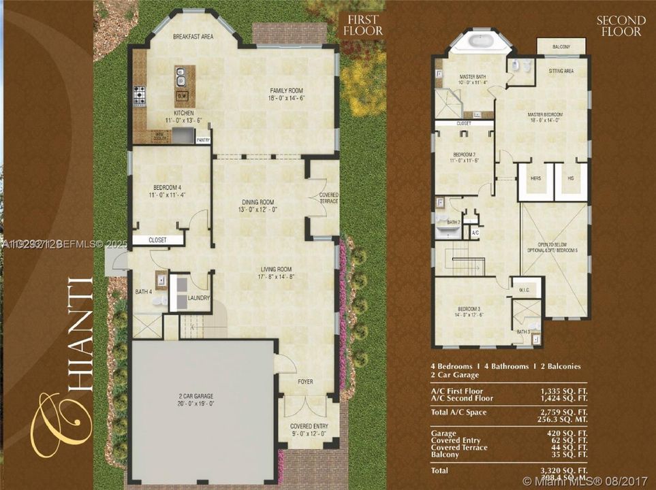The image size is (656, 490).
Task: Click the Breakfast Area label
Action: tap(193, 37)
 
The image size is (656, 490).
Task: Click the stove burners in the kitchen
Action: tap(140, 96)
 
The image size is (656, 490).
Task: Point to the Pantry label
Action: tap(203, 140)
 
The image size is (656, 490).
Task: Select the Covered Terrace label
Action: tap(328, 198)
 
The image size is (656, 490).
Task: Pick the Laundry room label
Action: tap(198, 297)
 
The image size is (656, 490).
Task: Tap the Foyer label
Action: tap(305, 382)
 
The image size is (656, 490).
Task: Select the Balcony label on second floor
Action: tap(561, 47)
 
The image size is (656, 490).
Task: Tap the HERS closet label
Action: tap(535, 178)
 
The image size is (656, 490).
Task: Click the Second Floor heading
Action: tap(621, 25)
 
